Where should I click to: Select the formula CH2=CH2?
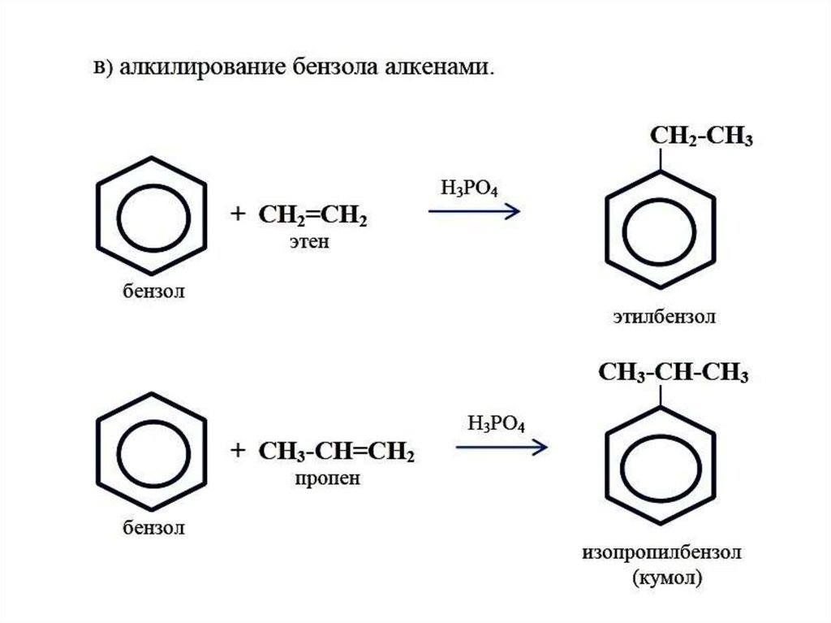pos(312,217)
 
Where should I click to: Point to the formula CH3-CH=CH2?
pos(337,452)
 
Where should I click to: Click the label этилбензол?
pos(664,317)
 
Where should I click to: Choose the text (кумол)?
pos(664,579)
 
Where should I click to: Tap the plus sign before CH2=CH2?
pos(237,214)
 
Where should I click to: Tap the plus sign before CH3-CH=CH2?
pos(237,450)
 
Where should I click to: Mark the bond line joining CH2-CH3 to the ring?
pos(663,161)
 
